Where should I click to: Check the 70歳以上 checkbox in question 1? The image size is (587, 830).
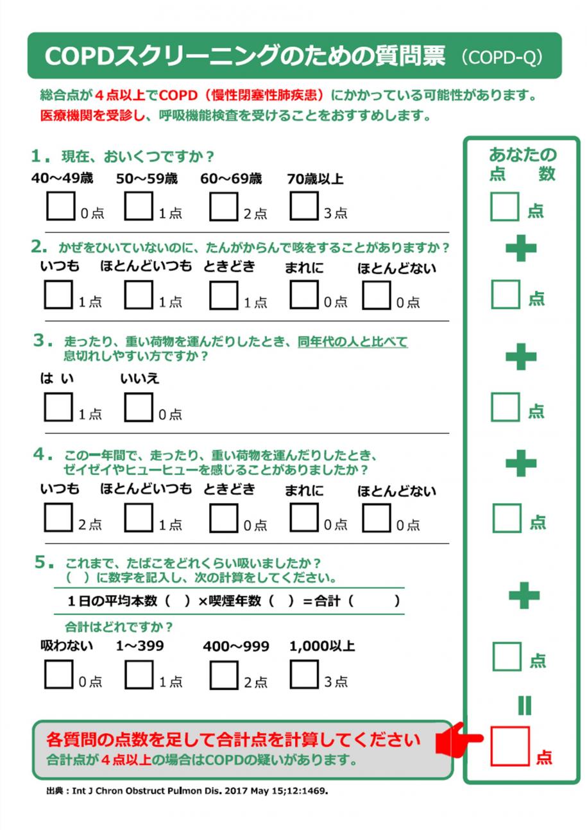(303, 206)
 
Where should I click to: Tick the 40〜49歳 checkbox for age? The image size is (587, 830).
(60, 206)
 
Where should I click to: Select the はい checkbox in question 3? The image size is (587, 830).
(58, 408)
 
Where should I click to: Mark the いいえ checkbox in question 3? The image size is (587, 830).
(138, 408)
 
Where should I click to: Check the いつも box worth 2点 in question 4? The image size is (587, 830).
(58, 518)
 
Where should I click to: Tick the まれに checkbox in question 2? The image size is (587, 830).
(303, 295)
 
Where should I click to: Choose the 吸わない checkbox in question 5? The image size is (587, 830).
(58, 675)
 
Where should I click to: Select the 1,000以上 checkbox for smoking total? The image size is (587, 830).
(303, 675)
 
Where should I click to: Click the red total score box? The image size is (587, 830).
(510, 746)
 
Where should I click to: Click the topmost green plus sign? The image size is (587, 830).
(521, 248)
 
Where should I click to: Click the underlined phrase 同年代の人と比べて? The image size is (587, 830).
(352, 342)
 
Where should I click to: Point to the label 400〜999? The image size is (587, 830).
(235, 646)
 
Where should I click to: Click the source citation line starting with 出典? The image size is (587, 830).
(187, 791)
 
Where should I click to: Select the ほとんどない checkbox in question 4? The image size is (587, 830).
(377, 518)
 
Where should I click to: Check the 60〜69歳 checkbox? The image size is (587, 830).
(223, 206)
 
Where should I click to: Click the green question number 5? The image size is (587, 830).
(43, 562)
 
